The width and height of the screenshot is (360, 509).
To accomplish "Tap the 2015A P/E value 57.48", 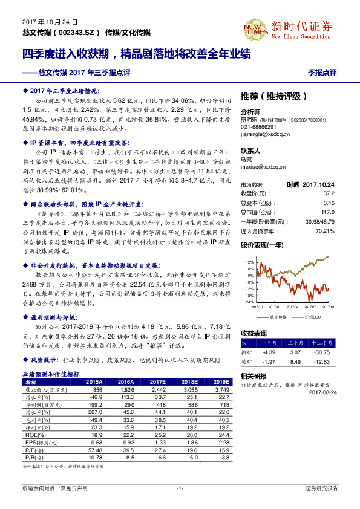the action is pos(94,450).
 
